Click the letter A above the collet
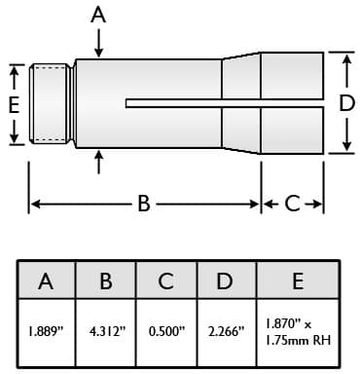coord(98,16)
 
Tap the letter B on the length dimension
coord(144,204)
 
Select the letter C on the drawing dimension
coord(292,204)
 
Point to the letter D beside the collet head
coord(346,103)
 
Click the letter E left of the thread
coord(14,105)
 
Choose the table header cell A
coord(47,280)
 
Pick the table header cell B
coord(106,280)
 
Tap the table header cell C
coord(166,280)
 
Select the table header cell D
coord(227,280)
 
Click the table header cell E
coord(298,280)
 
